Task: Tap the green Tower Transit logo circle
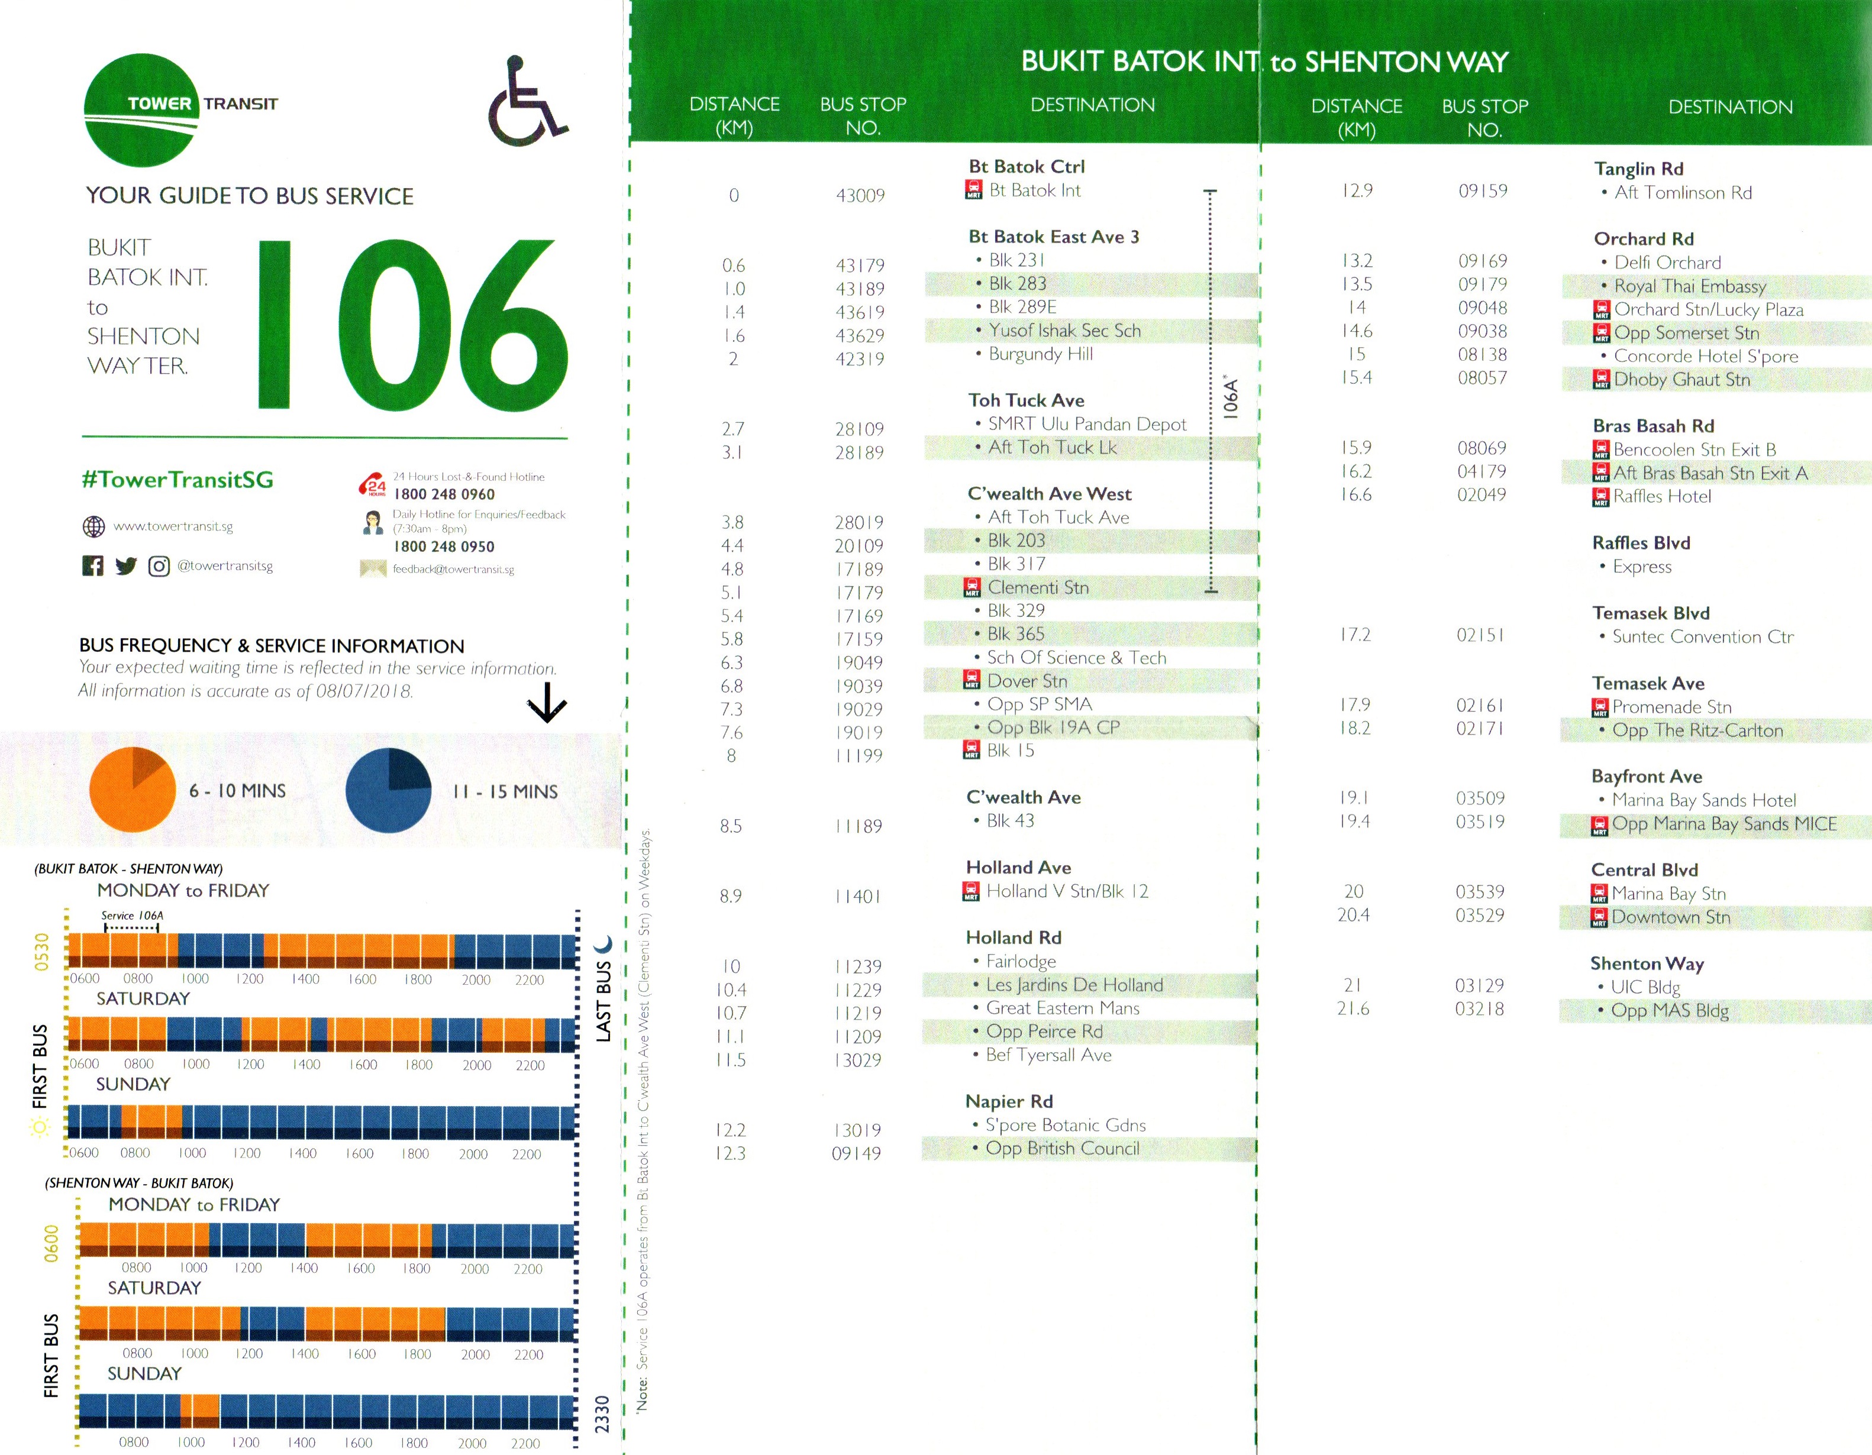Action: coord(141,109)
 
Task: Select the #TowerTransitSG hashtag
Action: coord(177,480)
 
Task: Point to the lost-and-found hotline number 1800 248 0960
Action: coord(444,494)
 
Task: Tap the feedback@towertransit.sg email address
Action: coord(453,569)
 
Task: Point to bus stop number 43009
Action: coord(860,195)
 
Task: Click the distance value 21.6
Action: coord(1353,1008)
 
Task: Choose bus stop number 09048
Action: coord(1482,308)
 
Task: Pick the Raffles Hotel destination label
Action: coord(1661,496)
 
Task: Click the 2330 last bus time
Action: coord(602,1414)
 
